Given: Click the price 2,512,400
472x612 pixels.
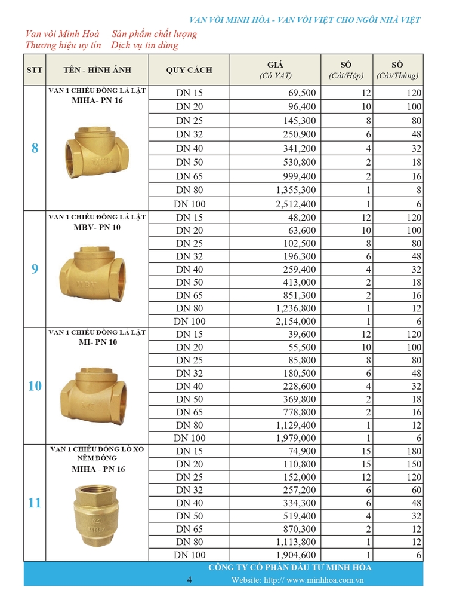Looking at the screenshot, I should point(296,204).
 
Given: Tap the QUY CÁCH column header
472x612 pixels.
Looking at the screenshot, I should point(189,70).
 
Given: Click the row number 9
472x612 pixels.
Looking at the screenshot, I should point(35,269).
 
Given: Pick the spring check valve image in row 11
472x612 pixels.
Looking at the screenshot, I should point(96,517).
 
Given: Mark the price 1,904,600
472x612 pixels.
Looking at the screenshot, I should point(296,555).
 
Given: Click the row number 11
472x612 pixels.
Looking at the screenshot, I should point(35,503).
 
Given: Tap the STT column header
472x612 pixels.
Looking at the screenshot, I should point(35,70).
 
